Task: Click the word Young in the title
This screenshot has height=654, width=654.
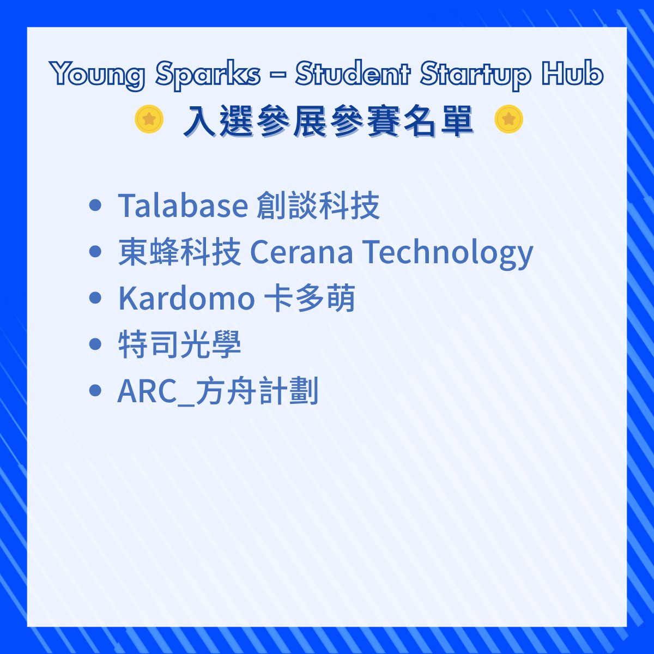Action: [x=98, y=74]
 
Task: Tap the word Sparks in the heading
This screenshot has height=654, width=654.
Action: [x=209, y=74]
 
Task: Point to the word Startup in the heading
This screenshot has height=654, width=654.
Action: [x=475, y=74]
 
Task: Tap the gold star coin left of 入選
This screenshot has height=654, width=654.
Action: [x=149, y=119]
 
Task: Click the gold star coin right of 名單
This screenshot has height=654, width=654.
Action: [x=508, y=119]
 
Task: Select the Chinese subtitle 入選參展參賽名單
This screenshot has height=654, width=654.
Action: [x=328, y=121]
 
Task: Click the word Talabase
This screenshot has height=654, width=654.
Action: [x=183, y=205]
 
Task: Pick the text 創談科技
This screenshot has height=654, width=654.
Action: [x=318, y=205]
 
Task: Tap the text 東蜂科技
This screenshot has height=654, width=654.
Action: [x=179, y=251]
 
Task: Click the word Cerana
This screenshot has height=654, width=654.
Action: [x=301, y=252]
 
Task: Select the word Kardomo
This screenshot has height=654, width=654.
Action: [x=186, y=298]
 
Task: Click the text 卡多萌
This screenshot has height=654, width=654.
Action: [x=309, y=298]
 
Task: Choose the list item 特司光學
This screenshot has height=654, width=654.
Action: [x=179, y=344]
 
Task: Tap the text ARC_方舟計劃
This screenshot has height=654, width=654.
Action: [x=218, y=391]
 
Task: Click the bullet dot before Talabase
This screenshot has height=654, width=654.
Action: [x=95, y=205]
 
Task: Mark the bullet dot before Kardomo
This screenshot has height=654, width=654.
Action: [x=95, y=298]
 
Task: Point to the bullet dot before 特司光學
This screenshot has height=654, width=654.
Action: [x=95, y=344]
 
